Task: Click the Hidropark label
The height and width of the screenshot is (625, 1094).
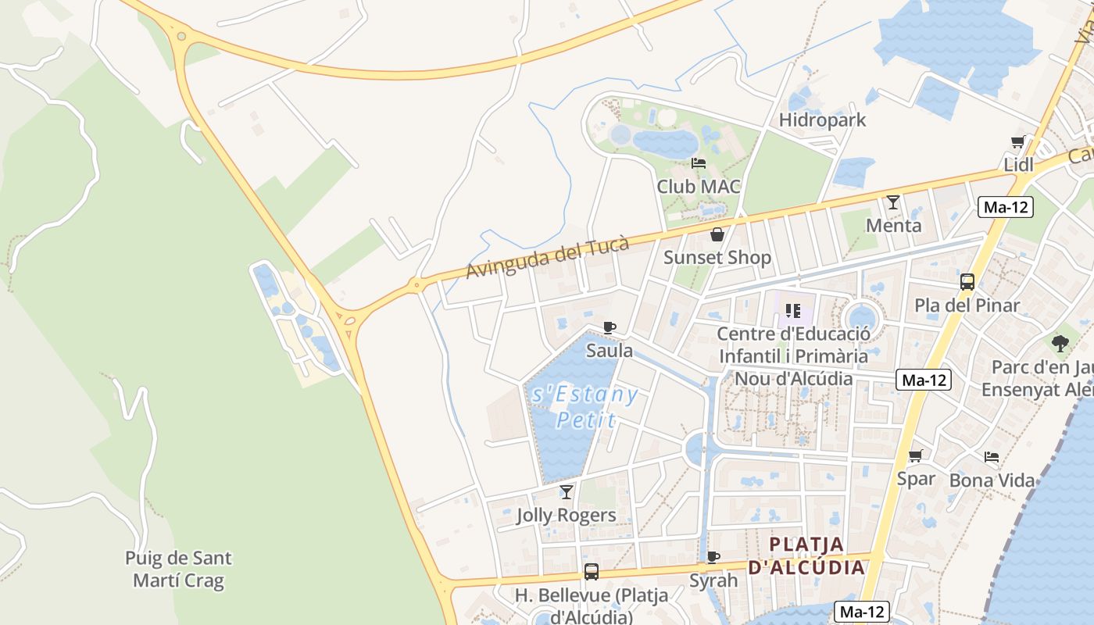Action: click(823, 120)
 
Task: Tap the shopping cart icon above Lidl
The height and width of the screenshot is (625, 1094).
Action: click(1017, 141)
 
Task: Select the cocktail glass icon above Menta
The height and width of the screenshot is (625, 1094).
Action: click(893, 202)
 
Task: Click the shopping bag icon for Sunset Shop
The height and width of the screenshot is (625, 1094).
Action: click(717, 234)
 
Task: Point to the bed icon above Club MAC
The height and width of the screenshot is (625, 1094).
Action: click(699, 163)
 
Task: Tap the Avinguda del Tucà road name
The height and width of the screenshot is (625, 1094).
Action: click(547, 257)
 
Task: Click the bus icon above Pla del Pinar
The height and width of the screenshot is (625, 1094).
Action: click(967, 282)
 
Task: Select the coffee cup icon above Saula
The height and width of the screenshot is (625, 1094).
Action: click(610, 328)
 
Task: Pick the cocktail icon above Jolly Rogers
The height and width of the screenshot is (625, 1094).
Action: click(567, 492)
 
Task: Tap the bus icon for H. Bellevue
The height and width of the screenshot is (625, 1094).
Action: click(592, 572)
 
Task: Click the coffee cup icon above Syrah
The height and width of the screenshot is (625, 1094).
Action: click(713, 557)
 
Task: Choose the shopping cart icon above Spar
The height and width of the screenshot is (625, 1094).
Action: click(916, 455)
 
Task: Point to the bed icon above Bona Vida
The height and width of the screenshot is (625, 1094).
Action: click(992, 457)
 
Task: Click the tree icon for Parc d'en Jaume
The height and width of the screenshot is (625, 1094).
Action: click(1060, 343)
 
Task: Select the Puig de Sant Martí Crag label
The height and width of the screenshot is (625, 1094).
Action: click(178, 570)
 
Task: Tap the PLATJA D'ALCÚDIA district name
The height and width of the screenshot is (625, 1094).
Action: click(806, 555)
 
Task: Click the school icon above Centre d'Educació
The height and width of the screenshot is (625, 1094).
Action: click(793, 311)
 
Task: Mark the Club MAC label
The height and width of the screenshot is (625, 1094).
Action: click(699, 187)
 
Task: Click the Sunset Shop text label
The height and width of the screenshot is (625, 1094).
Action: click(717, 257)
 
